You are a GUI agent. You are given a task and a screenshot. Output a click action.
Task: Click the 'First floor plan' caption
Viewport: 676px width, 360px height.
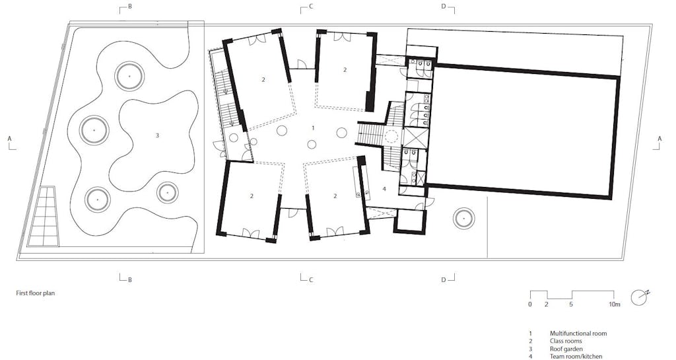[36, 293]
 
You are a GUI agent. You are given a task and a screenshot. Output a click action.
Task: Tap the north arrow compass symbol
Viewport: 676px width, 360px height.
[640, 297]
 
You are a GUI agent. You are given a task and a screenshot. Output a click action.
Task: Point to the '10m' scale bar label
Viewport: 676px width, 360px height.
[614, 305]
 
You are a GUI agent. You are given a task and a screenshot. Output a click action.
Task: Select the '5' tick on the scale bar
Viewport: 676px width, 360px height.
[571, 305]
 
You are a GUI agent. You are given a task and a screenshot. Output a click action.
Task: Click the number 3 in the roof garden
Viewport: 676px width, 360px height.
[157, 135]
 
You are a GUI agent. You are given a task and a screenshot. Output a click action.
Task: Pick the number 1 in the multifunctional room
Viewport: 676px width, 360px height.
[314, 128]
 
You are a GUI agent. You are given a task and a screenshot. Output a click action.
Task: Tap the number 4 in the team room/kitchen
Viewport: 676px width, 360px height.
[384, 189]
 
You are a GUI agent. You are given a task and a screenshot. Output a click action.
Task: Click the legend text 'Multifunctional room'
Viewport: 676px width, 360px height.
[578, 334]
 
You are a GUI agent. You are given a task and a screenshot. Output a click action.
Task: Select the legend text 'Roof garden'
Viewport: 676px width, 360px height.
[566, 349]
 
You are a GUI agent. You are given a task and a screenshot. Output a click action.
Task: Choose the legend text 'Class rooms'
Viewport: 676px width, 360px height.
[566, 341]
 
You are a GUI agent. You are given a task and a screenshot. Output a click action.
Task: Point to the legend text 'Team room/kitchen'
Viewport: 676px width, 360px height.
[576, 357]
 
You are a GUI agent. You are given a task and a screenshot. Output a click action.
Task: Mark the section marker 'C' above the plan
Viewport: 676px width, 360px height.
[311, 7]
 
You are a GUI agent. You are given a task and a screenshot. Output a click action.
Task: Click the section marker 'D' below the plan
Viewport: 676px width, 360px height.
[444, 280]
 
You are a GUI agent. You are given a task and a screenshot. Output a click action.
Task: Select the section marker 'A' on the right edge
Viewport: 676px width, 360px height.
[659, 139]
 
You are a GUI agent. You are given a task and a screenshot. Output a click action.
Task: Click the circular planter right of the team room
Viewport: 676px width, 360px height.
[464, 219]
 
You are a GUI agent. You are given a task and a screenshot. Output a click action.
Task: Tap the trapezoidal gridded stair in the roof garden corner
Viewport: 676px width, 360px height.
[43, 217]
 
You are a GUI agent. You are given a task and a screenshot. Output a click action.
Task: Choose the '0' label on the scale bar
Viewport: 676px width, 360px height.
[530, 305]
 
